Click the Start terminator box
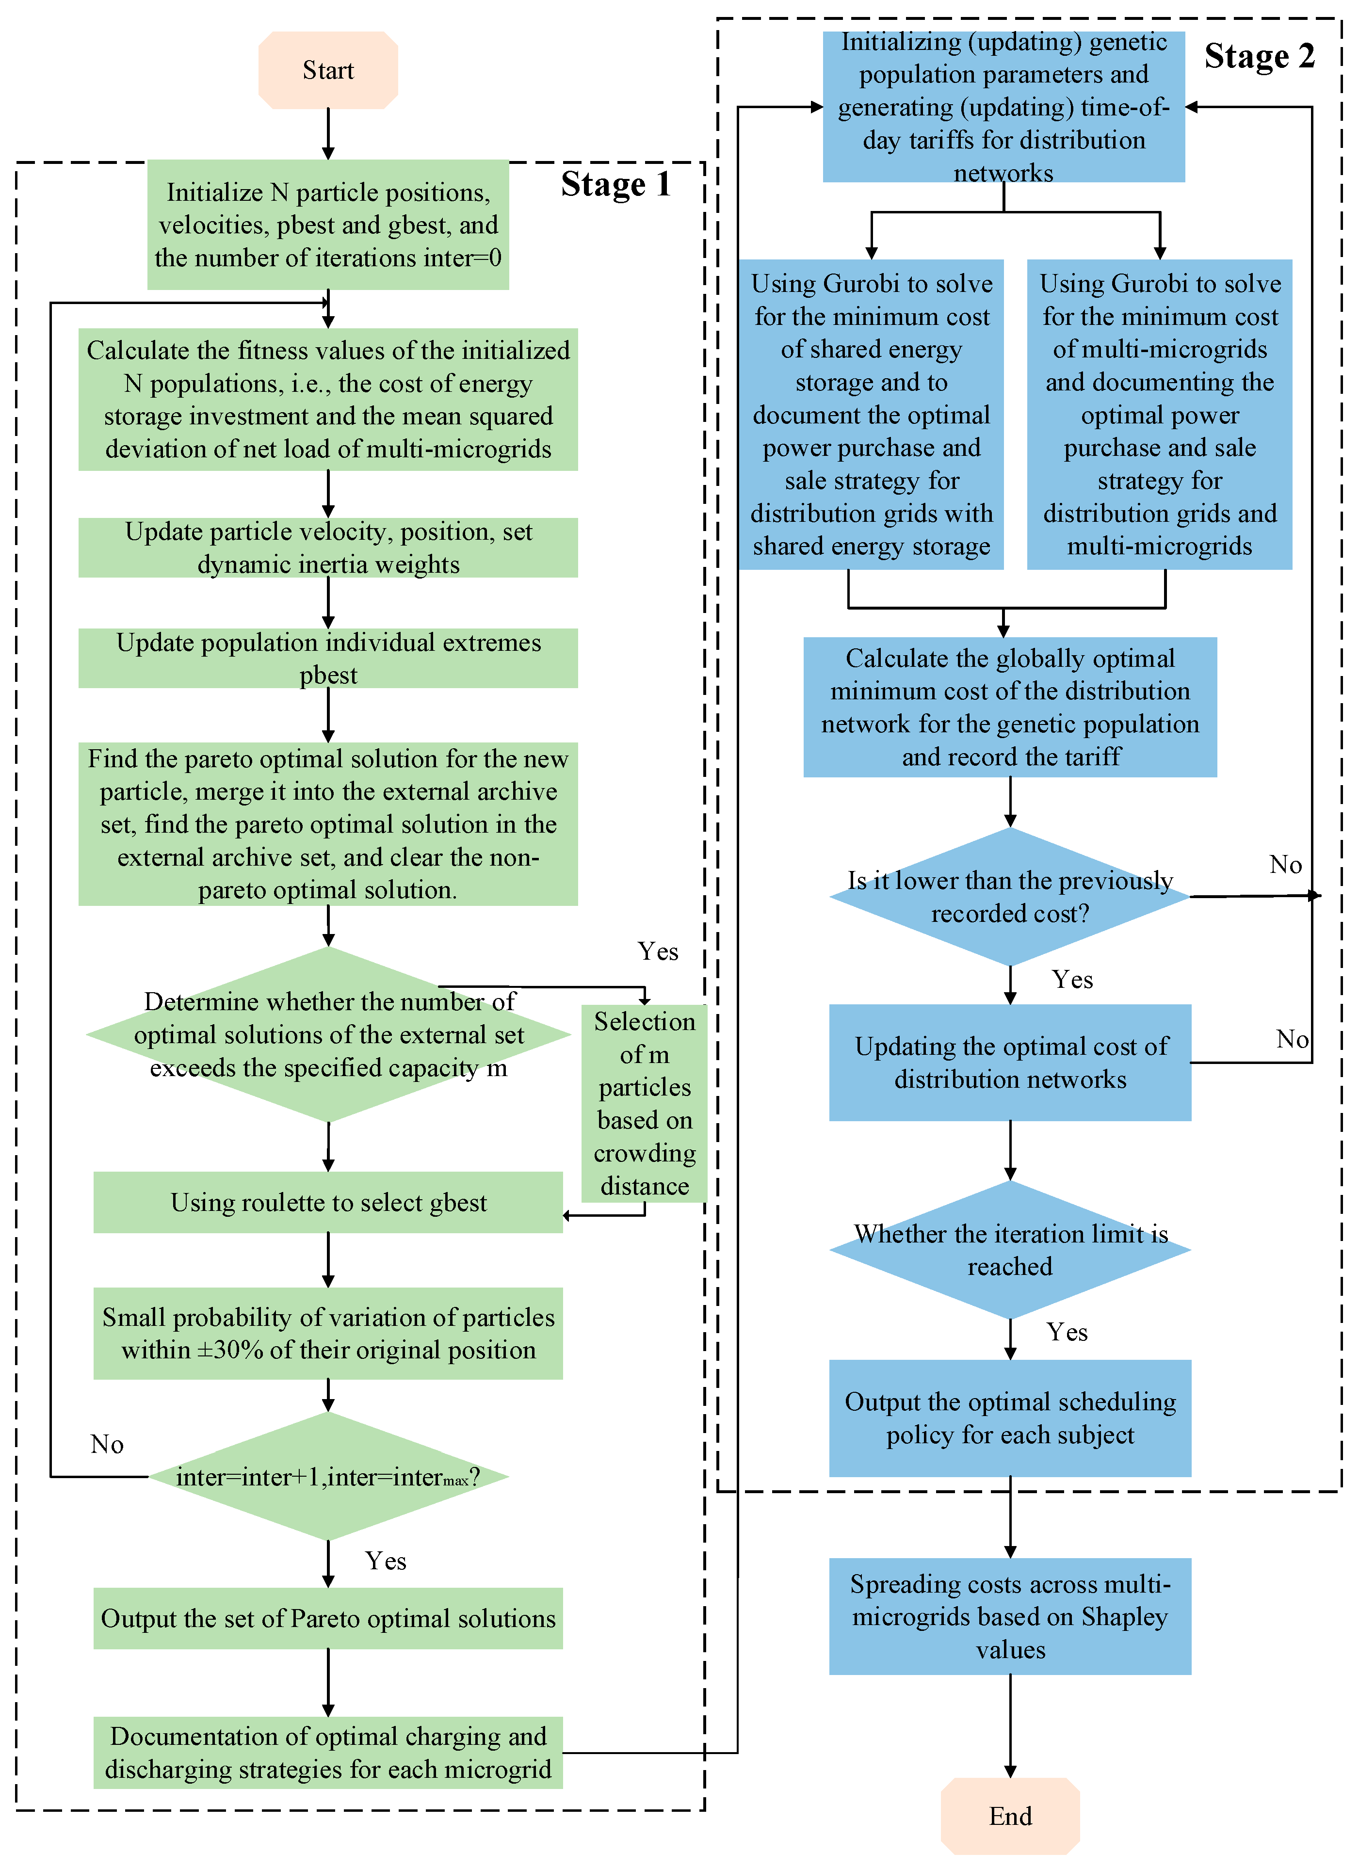(x=328, y=70)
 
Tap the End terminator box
(x=1010, y=1816)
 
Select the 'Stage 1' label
(x=615, y=184)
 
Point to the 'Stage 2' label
(x=1259, y=56)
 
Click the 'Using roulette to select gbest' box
(x=328, y=1202)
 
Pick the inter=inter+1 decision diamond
(x=328, y=1476)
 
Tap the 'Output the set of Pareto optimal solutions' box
(x=328, y=1618)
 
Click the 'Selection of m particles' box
(x=645, y=1103)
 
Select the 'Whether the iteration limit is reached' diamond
(x=1010, y=1249)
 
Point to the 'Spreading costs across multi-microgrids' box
(x=1010, y=1616)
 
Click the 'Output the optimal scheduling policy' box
(x=1010, y=1418)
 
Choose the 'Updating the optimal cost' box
(x=1010, y=1062)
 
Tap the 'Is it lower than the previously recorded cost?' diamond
(x=1010, y=897)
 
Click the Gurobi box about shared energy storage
(x=871, y=415)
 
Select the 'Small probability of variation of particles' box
(x=328, y=1333)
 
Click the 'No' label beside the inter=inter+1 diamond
(x=107, y=1444)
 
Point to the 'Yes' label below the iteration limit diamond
(x=1067, y=1332)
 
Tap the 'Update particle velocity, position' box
(x=328, y=547)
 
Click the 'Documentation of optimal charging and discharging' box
(x=328, y=1753)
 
